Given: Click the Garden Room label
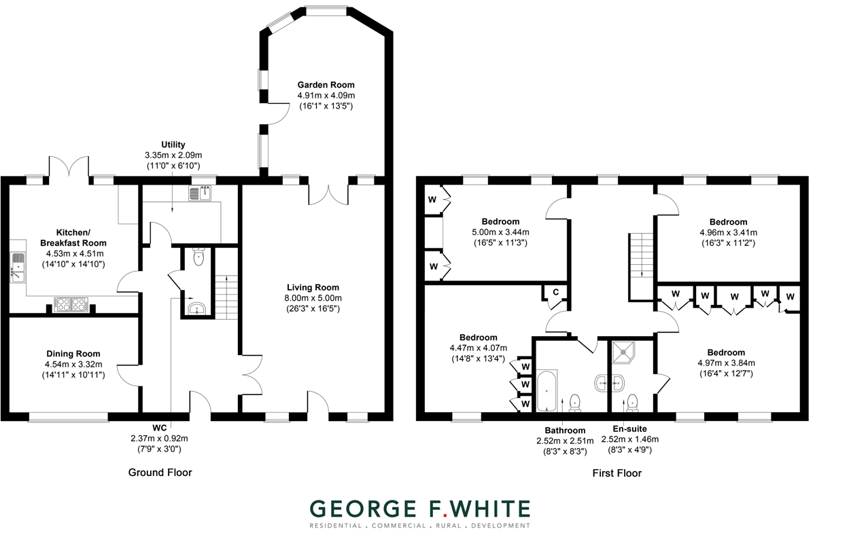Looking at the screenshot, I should (326, 85).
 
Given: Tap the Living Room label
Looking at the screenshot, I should (313, 287).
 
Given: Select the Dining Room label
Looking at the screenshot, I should (73, 354).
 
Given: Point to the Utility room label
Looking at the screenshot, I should (173, 145).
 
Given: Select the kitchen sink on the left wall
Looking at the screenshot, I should (17, 267).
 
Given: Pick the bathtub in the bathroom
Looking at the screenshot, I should (547, 390).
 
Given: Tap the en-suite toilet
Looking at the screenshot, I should (633, 402).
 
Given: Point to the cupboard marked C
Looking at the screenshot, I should (555, 293).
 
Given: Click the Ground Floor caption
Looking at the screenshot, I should (160, 473).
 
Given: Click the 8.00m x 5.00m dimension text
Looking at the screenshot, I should (313, 298).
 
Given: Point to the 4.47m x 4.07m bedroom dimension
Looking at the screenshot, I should (478, 348).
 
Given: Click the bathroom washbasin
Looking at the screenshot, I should (602, 383).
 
